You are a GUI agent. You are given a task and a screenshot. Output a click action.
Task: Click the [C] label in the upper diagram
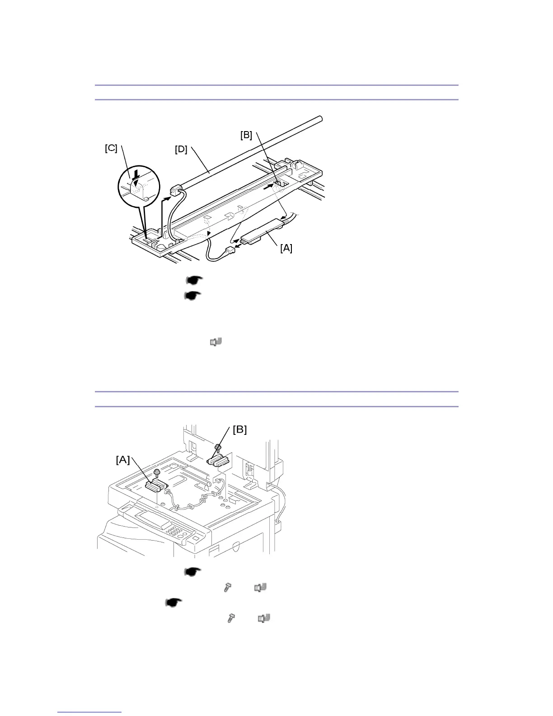(x=111, y=149)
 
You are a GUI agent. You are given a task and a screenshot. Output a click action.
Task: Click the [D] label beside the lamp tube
(x=181, y=149)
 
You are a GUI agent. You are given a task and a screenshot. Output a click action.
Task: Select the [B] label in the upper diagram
(x=246, y=135)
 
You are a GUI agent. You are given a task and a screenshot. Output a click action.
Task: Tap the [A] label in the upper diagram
(x=286, y=248)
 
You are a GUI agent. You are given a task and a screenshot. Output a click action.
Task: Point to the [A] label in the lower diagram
(x=123, y=460)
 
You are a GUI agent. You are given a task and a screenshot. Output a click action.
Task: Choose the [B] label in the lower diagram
(x=240, y=429)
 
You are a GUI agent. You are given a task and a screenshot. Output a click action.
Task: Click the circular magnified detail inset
(x=139, y=189)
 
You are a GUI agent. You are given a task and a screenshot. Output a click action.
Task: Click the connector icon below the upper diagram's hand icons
(x=216, y=342)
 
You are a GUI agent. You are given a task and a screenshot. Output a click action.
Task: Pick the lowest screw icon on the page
(x=231, y=618)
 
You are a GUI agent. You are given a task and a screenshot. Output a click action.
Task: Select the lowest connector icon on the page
(x=264, y=618)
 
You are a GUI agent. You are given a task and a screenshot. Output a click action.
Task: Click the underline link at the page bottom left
(x=90, y=712)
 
